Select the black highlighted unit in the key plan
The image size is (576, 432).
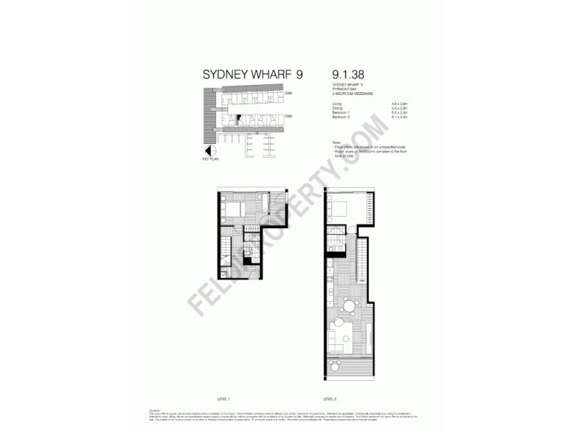237,118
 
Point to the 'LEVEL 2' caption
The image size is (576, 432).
332,397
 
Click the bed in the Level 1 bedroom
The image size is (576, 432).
231,212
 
